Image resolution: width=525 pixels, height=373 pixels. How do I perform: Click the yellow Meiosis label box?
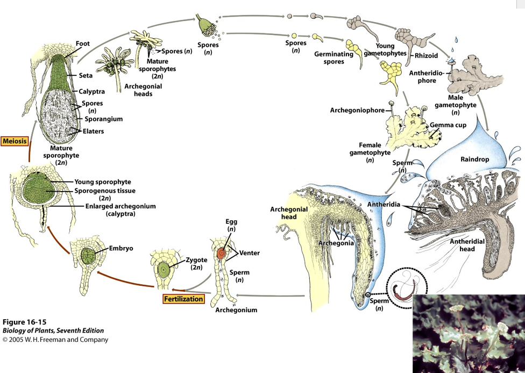(x=15, y=141)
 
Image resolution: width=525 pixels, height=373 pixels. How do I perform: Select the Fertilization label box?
(x=183, y=299)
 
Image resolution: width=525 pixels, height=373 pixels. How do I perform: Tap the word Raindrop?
(x=475, y=159)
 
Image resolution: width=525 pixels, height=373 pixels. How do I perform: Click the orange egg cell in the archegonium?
(x=221, y=254)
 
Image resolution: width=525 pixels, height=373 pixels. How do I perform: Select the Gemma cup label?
(x=448, y=125)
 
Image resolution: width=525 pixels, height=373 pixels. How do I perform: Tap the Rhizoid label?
(x=426, y=55)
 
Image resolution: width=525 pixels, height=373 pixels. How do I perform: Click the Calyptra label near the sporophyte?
(x=92, y=91)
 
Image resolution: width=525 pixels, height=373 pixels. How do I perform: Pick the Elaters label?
(x=94, y=131)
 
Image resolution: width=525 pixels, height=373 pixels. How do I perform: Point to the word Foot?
(x=83, y=43)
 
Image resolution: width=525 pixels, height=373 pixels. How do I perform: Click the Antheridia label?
(x=384, y=205)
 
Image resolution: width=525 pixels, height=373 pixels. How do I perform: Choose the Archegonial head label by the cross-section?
(x=289, y=213)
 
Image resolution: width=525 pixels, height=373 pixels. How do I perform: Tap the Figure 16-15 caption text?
(x=24, y=322)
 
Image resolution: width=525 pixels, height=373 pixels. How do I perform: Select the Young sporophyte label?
(x=103, y=182)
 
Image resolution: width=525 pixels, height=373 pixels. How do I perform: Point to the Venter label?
(x=250, y=253)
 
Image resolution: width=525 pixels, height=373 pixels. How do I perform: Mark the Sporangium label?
(x=103, y=119)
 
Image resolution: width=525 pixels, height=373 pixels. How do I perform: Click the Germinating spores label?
(x=334, y=58)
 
